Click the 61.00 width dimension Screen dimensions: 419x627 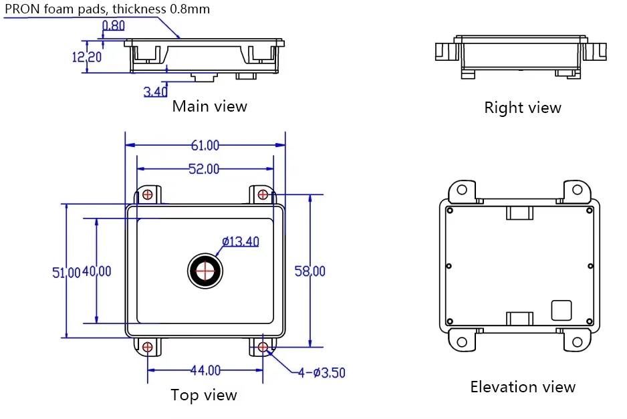tap(205, 145)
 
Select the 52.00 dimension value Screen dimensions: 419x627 tap(203, 169)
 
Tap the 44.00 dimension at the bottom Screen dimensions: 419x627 tap(205, 370)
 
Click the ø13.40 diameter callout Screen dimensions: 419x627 tap(240, 241)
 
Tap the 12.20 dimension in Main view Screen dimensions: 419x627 tap(87, 57)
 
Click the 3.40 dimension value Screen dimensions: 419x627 tap(155, 92)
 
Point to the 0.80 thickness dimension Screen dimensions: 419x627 tap(113, 26)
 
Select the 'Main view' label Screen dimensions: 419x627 tap(209, 106)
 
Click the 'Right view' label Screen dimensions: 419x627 tap(523, 108)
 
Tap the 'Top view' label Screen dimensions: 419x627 tap(204, 395)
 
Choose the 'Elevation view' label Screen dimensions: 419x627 tap(523, 387)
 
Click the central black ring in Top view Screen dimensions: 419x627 tap(205, 270)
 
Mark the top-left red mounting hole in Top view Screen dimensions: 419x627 tap(147, 194)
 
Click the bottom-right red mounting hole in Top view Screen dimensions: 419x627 tap(263, 347)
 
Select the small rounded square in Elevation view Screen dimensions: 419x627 tap(561, 310)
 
